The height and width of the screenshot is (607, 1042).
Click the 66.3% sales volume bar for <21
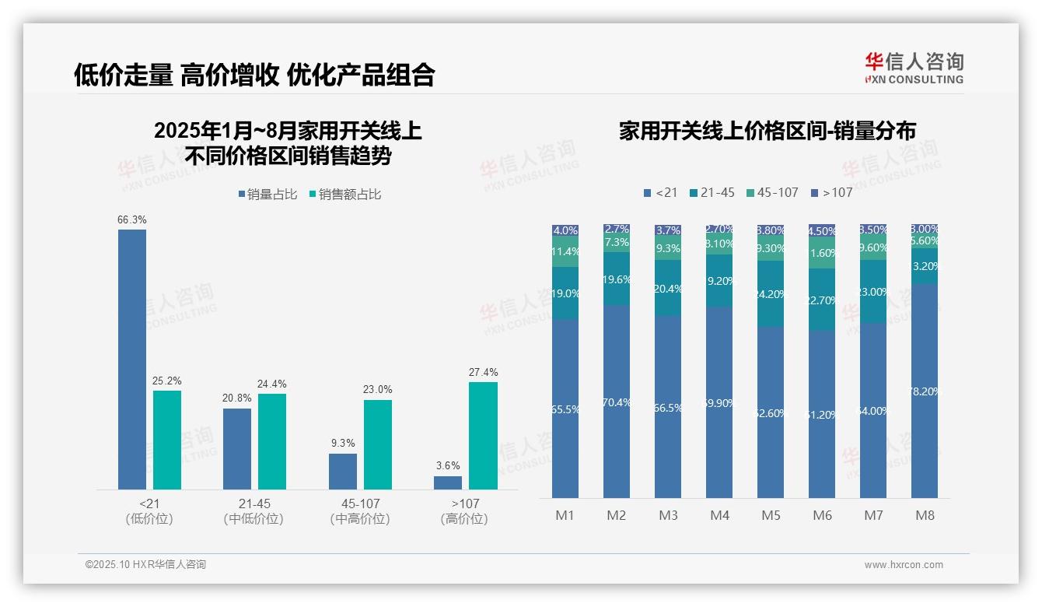[131, 359]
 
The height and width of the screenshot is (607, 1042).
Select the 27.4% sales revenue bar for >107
[483, 435]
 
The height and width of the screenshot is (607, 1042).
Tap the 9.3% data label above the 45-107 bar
[342, 443]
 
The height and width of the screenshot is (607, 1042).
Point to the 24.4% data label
[272, 384]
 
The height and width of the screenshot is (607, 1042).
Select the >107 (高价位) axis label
[465, 511]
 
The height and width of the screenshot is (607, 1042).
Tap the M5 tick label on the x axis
[771, 515]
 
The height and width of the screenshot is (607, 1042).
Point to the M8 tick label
[925, 515]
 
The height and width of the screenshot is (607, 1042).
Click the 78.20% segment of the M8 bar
[925, 391]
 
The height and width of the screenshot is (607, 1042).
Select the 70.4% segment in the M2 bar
[617, 402]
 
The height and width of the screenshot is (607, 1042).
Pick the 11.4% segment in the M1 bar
[565, 252]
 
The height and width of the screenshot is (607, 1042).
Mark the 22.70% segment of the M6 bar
[822, 300]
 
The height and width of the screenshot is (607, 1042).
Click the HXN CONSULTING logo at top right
[914, 68]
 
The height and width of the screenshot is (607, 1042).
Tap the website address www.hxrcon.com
[903, 565]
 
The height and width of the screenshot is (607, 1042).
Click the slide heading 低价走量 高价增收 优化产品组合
[254, 75]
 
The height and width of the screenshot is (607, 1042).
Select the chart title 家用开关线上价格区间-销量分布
[767, 131]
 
